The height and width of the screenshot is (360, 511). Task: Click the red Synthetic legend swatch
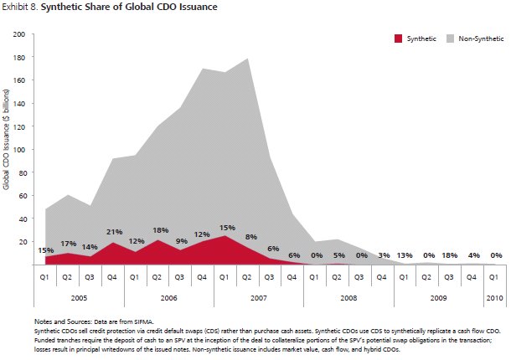tap(398, 39)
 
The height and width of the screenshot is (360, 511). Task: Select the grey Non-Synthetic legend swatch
tap(451, 39)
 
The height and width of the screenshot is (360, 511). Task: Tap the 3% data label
tap(383, 255)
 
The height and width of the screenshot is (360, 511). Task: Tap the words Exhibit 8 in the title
tap(19, 8)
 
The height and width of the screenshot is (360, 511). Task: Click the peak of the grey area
tap(248, 59)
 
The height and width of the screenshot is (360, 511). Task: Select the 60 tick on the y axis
tap(23, 196)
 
